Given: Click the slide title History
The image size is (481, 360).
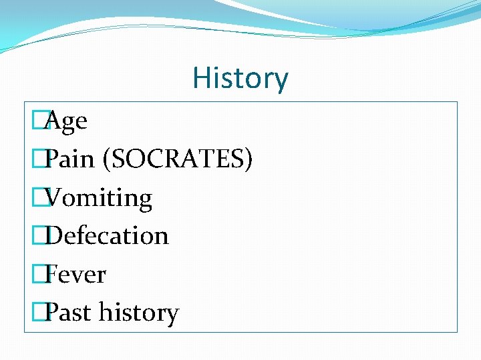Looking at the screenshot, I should [x=240, y=78].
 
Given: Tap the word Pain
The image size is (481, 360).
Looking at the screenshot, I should [x=71, y=160].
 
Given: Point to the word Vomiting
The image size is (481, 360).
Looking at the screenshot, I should [x=100, y=198].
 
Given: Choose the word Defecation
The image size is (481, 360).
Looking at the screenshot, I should [x=108, y=236].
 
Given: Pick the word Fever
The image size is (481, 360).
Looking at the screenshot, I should [x=77, y=275].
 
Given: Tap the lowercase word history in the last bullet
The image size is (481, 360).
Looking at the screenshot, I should [x=138, y=313].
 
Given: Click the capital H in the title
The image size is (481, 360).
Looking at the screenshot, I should [x=200, y=78].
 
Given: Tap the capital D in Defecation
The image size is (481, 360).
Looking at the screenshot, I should [x=56, y=236].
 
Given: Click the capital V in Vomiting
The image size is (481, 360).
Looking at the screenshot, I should [x=56, y=198].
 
